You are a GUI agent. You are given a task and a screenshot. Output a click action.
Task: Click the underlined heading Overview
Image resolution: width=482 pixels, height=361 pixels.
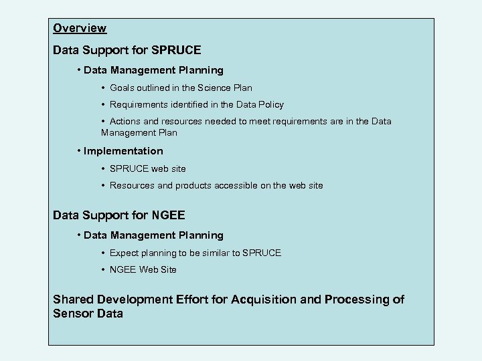click(x=80, y=28)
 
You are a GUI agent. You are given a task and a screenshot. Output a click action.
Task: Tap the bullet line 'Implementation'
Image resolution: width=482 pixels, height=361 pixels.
click(x=123, y=151)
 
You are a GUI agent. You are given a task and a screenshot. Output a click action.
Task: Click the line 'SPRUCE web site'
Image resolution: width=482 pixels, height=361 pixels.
click(x=148, y=168)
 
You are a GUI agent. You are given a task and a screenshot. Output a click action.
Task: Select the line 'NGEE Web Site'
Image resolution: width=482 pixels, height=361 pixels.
click(x=143, y=269)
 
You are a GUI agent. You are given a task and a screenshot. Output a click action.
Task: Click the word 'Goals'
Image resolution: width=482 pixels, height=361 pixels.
click(x=123, y=88)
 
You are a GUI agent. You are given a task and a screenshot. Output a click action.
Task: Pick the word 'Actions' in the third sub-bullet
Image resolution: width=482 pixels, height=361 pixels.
click(x=125, y=121)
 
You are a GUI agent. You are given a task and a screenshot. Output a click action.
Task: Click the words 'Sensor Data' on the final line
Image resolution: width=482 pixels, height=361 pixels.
click(x=88, y=314)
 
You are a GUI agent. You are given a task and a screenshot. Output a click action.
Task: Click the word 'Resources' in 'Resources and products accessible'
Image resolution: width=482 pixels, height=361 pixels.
click(x=133, y=185)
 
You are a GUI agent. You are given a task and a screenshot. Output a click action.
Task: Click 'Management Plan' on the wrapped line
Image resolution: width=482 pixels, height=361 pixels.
click(x=139, y=134)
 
